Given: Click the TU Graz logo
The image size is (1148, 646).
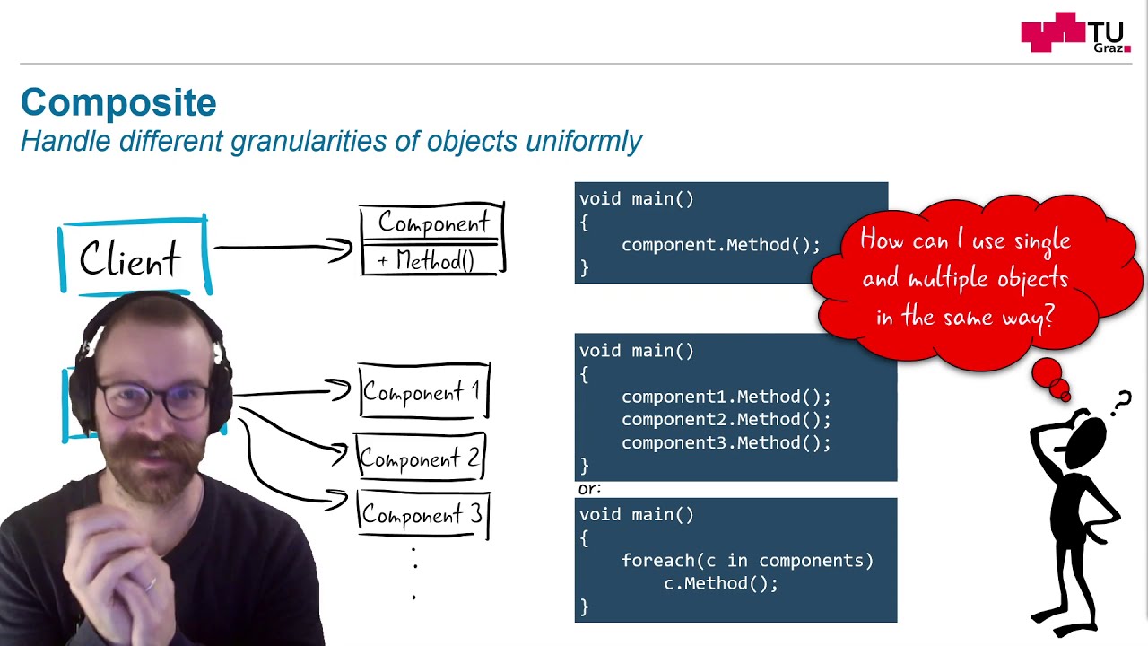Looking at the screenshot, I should point(1074,33).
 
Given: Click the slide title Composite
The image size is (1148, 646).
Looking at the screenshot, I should point(118,103).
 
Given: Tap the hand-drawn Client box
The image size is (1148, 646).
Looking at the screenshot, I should point(133,258).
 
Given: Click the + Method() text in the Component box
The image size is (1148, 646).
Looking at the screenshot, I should point(426,261).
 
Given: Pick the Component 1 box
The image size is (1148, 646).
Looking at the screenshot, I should point(422,392).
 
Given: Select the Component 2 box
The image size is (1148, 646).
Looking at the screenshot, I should point(420,458).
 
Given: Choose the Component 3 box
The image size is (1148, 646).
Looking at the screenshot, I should point(422,515).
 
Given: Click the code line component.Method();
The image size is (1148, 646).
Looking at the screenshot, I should point(720,245).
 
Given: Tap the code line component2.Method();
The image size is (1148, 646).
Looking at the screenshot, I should point(726,420).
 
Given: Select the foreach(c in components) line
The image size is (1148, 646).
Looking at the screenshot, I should point(747,561).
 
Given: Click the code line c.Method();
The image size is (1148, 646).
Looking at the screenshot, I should point(720,584).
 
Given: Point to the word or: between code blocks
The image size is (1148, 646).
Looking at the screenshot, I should point(589,489).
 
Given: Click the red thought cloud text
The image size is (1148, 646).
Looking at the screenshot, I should point(965,278).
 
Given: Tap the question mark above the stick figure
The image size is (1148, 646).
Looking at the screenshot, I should point(1122,404).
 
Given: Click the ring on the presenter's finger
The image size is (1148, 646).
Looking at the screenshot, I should point(150,584).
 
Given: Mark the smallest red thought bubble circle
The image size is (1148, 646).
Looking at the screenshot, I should point(1065,396).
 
